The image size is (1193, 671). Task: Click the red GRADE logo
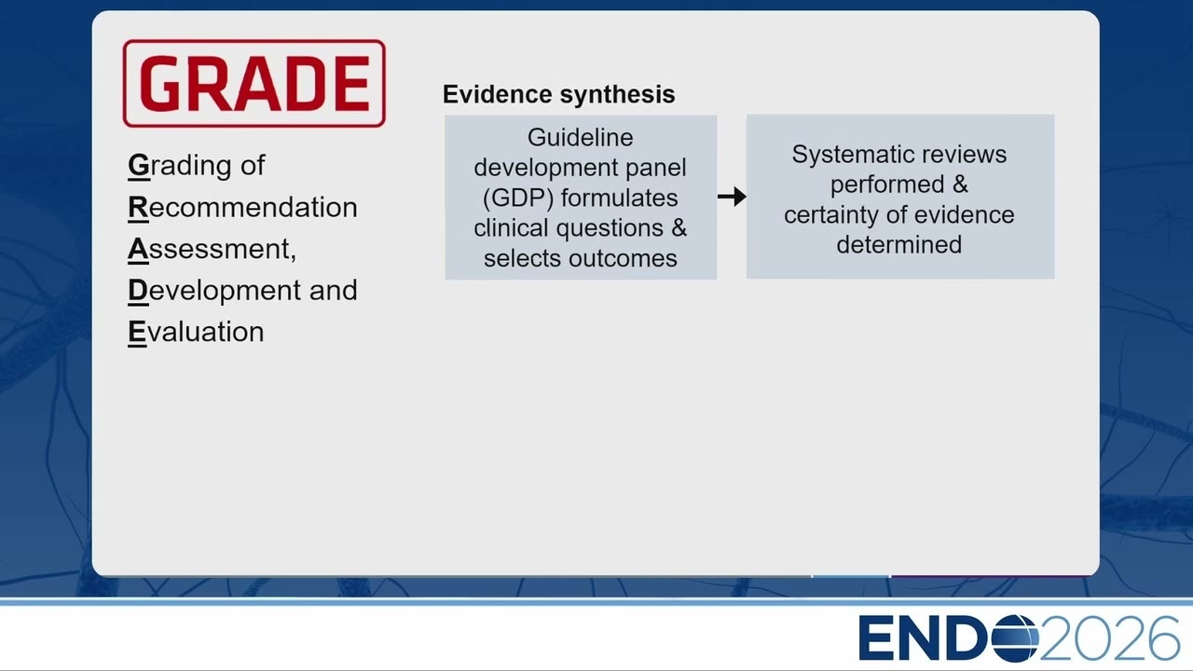click(254, 84)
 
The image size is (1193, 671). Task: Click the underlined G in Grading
click(139, 165)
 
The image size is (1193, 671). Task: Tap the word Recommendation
click(243, 207)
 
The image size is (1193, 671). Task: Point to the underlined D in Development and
click(138, 290)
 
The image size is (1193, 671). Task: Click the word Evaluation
click(196, 332)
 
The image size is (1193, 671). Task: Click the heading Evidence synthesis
click(558, 94)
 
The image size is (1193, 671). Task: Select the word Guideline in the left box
click(581, 137)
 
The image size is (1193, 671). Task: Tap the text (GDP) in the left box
click(518, 199)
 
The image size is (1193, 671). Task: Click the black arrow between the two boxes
click(732, 197)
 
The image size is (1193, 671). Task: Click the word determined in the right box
click(899, 245)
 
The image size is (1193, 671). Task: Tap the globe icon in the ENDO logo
click(1016, 638)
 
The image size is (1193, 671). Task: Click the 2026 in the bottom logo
click(1110, 638)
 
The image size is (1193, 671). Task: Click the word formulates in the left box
click(620, 199)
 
